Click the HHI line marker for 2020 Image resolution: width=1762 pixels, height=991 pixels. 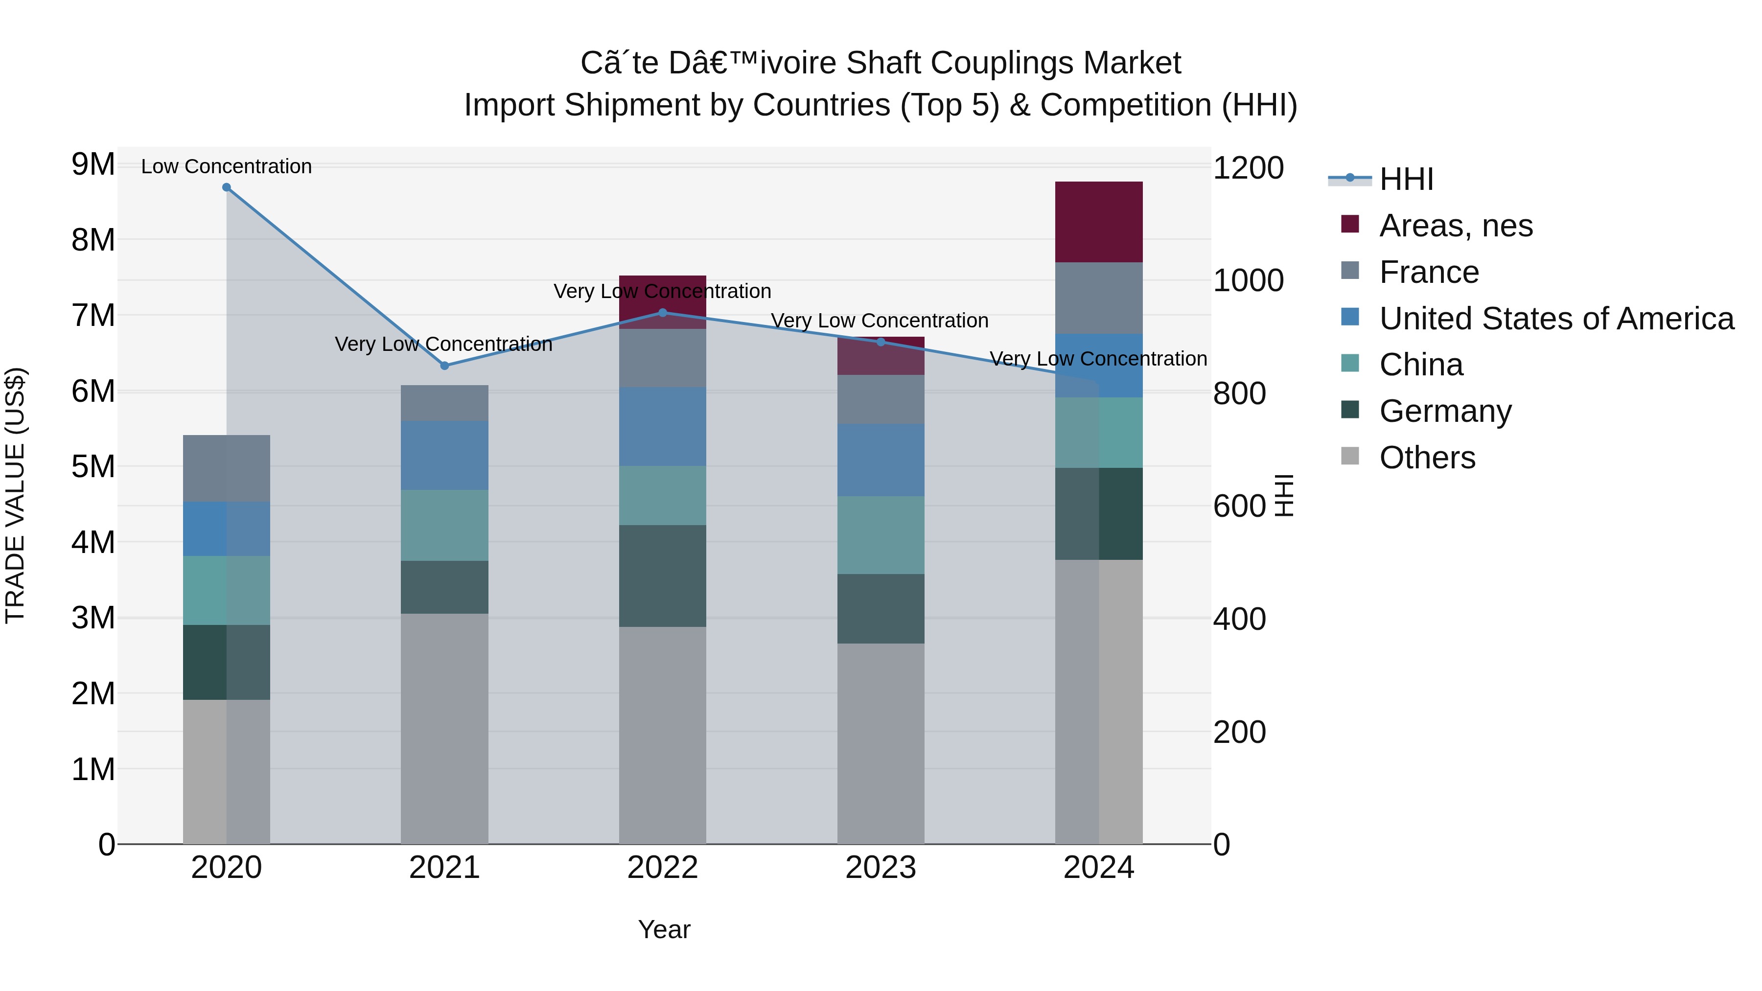(227, 187)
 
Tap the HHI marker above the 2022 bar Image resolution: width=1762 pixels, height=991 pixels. (662, 313)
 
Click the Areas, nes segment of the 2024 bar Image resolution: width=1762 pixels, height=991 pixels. (1098, 222)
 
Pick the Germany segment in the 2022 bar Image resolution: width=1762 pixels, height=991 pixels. (662, 576)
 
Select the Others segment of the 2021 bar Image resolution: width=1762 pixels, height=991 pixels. (444, 728)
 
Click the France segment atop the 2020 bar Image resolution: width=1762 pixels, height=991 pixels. (227, 468)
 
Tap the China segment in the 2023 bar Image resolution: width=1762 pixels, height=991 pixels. (881, 535)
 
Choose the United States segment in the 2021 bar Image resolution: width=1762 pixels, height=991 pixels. (444, 456)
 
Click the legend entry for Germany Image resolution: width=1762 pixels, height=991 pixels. (1445, 412)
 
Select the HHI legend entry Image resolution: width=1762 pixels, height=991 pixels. (1406, 179)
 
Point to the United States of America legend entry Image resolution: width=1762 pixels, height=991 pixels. (1556, 319)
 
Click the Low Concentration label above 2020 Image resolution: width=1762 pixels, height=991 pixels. (227, 166)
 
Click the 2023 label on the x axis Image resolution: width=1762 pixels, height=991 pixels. (881, 868)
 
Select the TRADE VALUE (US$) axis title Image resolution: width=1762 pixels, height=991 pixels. (15, 495)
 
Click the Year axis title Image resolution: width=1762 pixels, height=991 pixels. (664, 929)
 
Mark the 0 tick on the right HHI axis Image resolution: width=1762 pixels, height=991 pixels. (1222, 845)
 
